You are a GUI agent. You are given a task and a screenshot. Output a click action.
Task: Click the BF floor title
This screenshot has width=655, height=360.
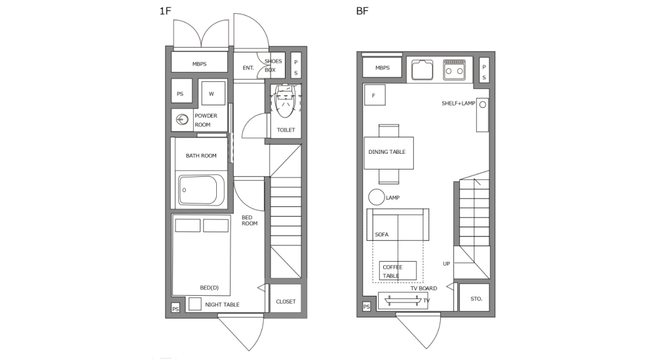click(x=362, y=11)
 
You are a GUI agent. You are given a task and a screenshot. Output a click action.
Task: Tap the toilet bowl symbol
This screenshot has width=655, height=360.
click(x=285, y=101)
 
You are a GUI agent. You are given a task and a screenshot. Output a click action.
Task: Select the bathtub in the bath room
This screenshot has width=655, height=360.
click(x=200, y=190)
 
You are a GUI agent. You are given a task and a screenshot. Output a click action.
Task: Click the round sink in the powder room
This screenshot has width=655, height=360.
click(x=182, y=120)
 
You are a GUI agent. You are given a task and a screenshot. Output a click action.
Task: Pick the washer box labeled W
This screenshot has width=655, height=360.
click(x=212, y=94)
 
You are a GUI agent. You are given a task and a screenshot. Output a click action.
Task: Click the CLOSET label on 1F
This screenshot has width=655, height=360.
click(x=286, y=302)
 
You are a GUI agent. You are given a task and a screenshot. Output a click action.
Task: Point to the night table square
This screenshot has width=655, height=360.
click(x=195, y=304)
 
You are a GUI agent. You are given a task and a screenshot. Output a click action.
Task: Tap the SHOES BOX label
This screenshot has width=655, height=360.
click(x=273, y=65)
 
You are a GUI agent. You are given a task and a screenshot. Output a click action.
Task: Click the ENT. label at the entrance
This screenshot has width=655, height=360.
click(x=248, y=68)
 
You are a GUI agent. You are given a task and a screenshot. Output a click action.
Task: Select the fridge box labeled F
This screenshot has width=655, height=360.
click(x=374, y=96)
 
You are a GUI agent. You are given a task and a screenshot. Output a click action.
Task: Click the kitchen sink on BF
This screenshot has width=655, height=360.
click(x=421, y=69)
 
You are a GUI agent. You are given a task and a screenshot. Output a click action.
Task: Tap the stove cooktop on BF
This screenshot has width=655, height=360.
click(x=453, y=68)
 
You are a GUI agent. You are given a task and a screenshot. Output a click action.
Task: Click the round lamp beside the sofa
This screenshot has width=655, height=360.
click(x=376, y=196)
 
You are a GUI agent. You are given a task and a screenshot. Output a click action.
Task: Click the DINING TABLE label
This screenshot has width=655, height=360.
click(x=386, y=152)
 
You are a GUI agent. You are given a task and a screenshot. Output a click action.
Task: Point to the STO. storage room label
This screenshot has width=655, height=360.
click(x=476, y=299)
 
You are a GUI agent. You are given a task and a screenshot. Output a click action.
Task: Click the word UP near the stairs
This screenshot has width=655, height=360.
click(x=446, y=264)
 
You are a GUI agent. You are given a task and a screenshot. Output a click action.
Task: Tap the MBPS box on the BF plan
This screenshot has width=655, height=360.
click(x=382, y=68)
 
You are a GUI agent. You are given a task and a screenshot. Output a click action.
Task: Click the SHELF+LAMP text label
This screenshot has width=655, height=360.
click(x=458, y=103)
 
